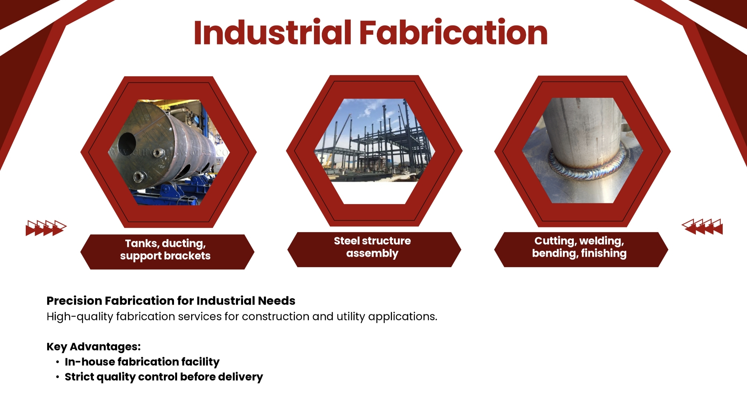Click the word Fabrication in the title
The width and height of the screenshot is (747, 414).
click(x=453, y=32)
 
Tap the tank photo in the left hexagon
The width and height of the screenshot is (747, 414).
click(x=169, y=152)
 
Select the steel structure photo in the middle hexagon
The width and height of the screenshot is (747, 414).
click(x=374, y=140)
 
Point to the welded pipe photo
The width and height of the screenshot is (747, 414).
click(x=582, y=150)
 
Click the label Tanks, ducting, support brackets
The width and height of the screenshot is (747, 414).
click(x=165, y=250)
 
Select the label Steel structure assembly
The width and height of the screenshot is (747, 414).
click(x=372, y=247)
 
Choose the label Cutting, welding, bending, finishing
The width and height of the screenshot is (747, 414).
click(x=579, y=247)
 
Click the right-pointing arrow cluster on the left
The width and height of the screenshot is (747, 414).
click(x=46, y=228)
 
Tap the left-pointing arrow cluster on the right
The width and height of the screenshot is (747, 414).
click(x=702, y=227)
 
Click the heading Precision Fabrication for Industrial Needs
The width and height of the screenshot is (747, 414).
click(x=171, y=301)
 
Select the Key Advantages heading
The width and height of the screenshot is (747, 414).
click(x=94, y=347)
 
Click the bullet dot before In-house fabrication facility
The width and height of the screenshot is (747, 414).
click(x=57, y=362)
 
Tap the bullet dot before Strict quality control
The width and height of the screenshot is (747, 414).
click(x=57, y=377)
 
